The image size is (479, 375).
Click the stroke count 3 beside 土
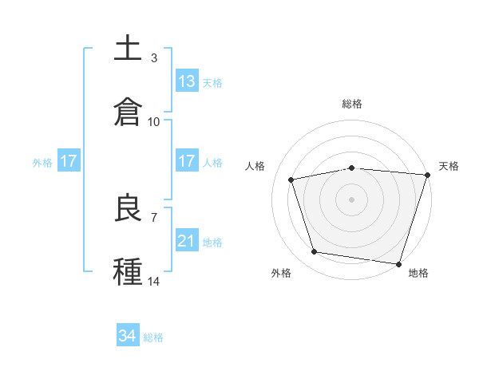click(153, 58)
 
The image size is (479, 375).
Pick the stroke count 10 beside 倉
click(154, 122)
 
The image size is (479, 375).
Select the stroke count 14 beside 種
click(154, 282)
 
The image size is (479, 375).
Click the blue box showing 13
click(187, 81)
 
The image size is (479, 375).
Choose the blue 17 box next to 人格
click(187, 161)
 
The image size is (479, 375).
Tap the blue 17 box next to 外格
click(69, 161)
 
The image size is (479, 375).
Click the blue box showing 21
click(187, 241)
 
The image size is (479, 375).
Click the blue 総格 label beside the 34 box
click(153, 337)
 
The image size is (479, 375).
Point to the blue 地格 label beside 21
click(212, 243)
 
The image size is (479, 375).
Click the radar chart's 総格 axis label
click(352, 104)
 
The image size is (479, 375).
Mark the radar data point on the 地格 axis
click(398, 263)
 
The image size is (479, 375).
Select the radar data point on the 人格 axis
click(291, 180)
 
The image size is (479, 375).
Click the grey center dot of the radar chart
click(352, 199)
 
